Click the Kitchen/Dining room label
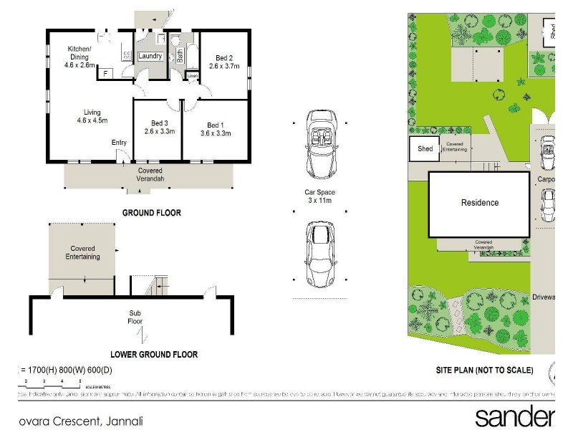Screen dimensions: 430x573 81,57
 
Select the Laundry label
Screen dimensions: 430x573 150,56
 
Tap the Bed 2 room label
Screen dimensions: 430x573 222,62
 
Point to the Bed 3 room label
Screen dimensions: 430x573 159,127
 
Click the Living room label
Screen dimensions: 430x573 92,116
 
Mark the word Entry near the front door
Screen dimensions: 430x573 119,143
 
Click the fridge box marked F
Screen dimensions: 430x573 105,73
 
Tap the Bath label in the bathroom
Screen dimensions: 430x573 180,56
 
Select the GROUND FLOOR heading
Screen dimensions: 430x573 151,213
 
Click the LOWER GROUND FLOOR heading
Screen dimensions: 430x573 154,354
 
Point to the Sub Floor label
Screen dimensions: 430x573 135,317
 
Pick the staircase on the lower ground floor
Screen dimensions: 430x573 157,286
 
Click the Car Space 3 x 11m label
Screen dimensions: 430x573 319,196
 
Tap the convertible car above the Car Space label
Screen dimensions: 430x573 319,143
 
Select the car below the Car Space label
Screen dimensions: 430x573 319,253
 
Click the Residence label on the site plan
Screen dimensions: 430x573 479,203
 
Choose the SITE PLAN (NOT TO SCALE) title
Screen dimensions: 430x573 485,371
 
